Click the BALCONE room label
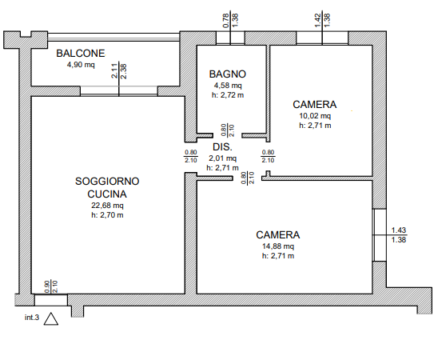pos(81,54)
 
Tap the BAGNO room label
pos(228,74)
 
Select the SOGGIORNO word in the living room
pos(107,182)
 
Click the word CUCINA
pos(107,194)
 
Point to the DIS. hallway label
pos(222,147)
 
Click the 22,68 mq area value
pos(107,206)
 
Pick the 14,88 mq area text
pos(278,246)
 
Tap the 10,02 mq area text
pos(315,115)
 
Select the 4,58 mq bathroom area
pos(228,85)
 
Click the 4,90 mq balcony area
pos(81,65)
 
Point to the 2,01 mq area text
pos(222,158)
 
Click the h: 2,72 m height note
pos(228,95)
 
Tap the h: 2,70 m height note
pos(107,215)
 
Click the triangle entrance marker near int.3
pos(51,319)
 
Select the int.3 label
pos(32,318)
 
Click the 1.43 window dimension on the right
pos(399,230)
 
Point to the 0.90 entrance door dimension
pos(47,287)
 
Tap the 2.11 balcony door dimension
pos(114,71)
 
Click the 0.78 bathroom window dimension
pos(226,21)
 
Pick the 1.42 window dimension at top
pos(318,21)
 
